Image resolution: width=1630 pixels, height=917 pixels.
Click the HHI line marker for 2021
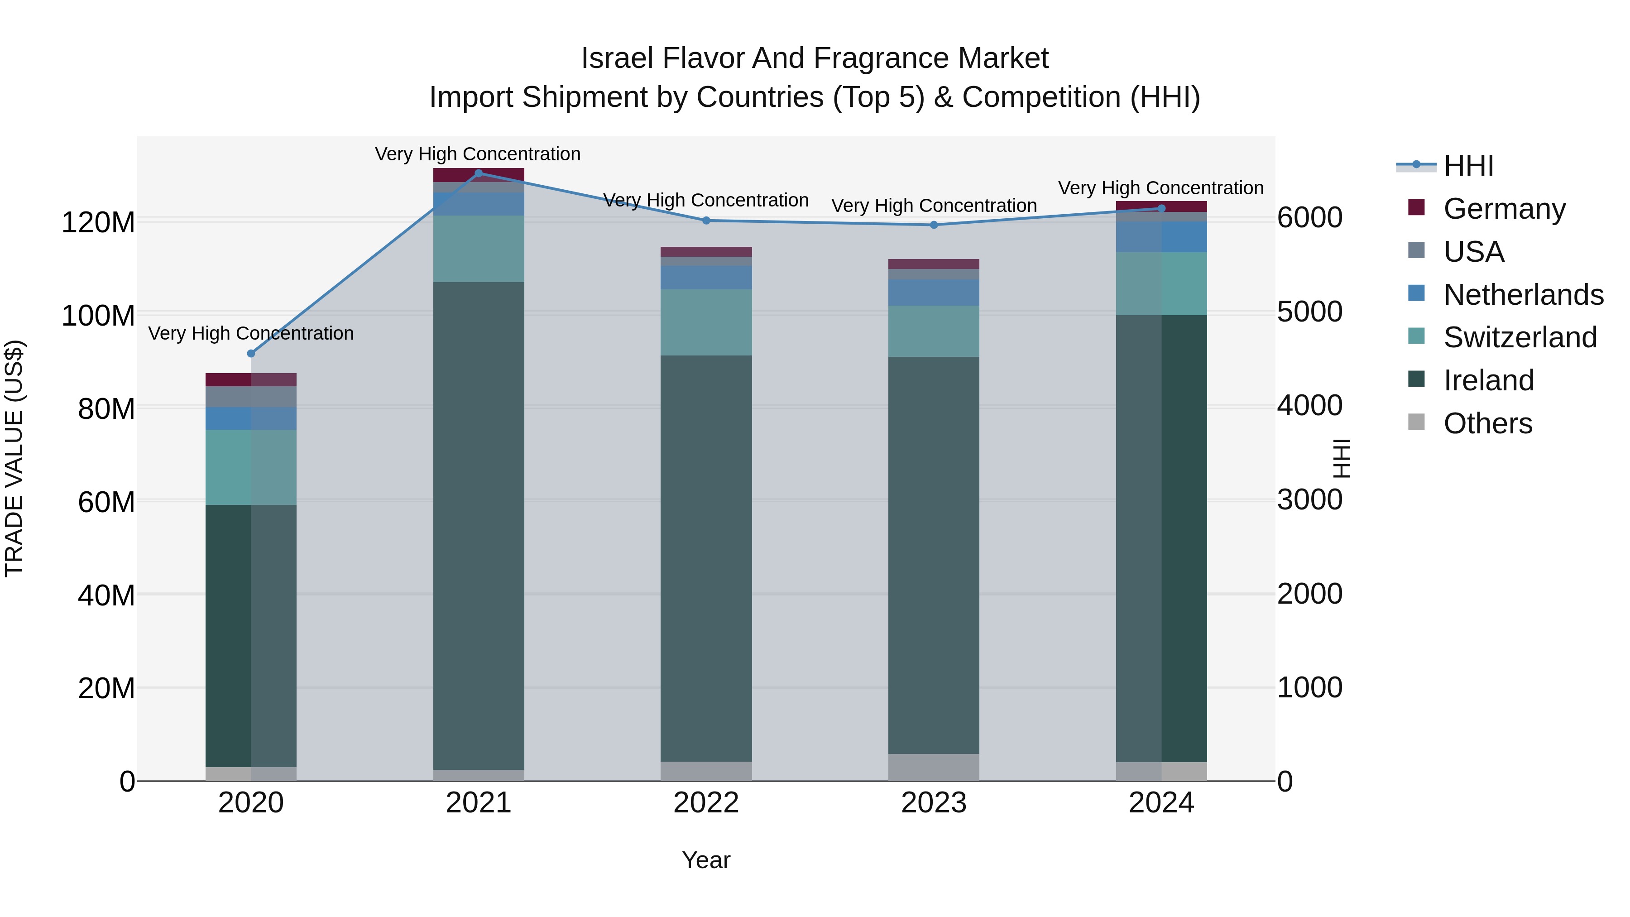[479, 173]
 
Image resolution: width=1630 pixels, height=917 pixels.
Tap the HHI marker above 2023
[934, 225]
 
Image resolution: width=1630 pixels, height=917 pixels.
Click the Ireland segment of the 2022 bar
[706, 557]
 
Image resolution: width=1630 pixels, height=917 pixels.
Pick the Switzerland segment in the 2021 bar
[479, 249]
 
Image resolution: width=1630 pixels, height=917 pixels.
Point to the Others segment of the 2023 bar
[934, 767]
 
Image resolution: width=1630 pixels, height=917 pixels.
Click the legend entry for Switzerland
[1519, 337]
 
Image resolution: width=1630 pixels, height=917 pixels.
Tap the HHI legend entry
[1468, 166]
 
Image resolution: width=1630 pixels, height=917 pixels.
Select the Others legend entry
[1487, 423]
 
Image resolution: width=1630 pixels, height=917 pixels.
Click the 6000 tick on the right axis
[1309, 218]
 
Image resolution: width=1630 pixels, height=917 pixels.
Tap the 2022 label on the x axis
[706, 803]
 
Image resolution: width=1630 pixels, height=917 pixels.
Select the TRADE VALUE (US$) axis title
[14, 458]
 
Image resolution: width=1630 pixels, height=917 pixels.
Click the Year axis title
[706, 860]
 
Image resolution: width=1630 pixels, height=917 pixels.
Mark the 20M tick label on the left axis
[106, 688]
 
